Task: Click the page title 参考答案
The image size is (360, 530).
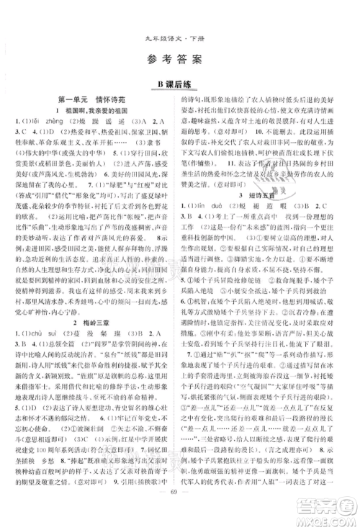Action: [179, 59]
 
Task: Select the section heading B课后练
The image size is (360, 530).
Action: [180, 86]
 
